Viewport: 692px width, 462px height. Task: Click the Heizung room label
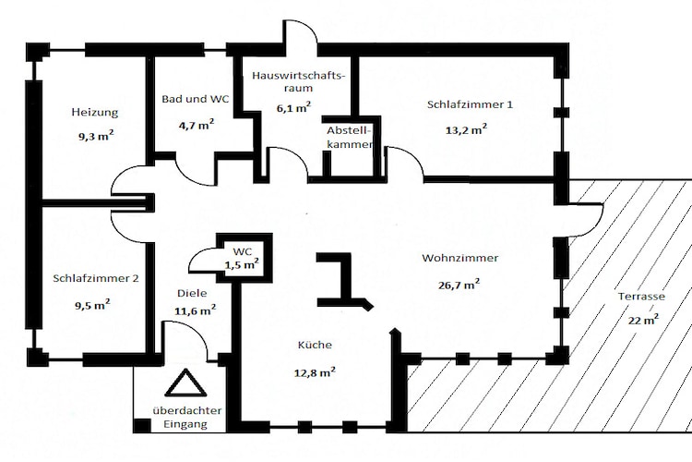(94, 113)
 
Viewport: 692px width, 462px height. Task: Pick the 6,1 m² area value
(289, 107)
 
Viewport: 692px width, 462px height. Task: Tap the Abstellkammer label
(350, 138)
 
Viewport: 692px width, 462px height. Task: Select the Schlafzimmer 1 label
(470, 103)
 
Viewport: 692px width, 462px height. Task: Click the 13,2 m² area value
(466, 129)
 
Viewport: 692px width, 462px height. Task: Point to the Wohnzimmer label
(460, 258)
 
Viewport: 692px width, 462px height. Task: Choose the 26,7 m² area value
(459, 285)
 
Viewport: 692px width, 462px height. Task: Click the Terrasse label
(642, 297)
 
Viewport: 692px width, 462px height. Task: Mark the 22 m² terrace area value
(643, 320)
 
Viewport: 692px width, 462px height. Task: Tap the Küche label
(314, 346)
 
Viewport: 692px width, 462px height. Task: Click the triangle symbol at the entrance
(181, 383)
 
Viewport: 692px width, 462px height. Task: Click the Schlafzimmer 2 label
(96, 277)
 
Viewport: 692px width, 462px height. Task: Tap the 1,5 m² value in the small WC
(242, 265)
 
